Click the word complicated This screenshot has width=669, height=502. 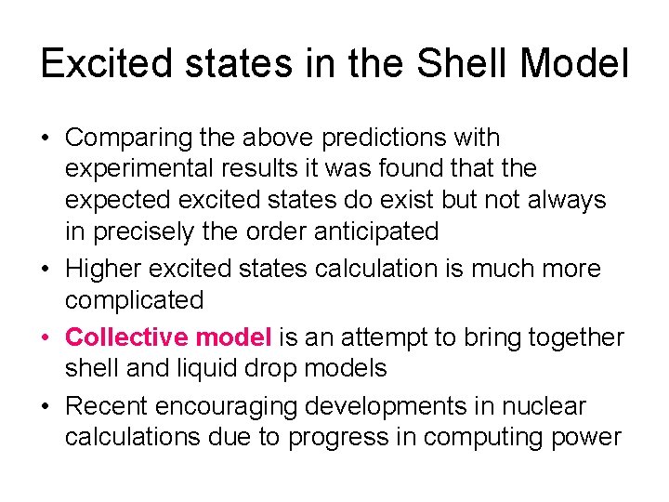pos(134,300)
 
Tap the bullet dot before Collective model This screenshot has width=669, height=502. pos(46,337)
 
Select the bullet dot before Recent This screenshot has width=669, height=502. pos(46,407)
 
